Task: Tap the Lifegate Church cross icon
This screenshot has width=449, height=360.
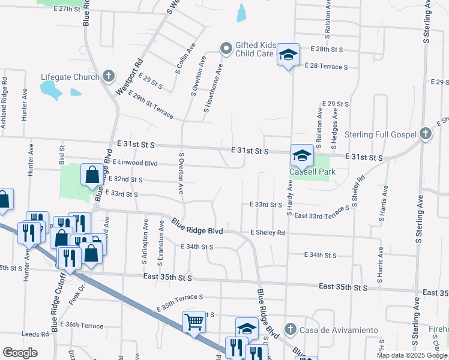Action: pyautogui.click(x=108, y=76)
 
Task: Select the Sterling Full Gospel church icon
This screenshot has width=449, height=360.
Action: pyautogui.click(x=426, y=134)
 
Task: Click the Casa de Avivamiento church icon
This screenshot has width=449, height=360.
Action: pyautogui.click(x=290, y=330)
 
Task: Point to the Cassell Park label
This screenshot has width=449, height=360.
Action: pyautogui.click(x=312, y=172)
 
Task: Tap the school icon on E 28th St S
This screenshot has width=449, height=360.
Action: pyautogui.click(x=288, y=56)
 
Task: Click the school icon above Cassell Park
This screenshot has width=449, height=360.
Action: pyautogui.click(x=301, y=155)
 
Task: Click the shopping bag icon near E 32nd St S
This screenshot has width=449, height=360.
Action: pyautogui.click(x=92, y=175)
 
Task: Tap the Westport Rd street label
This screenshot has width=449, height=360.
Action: pyautogui.click(x=130, y=76)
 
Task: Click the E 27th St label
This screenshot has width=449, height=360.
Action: pyautogui.click(x=67, y=10)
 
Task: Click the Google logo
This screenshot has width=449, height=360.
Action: pyautogui.click(x=20, y=353)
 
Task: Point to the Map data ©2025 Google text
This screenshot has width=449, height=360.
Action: pyautogui.click(x=411, y=355)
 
